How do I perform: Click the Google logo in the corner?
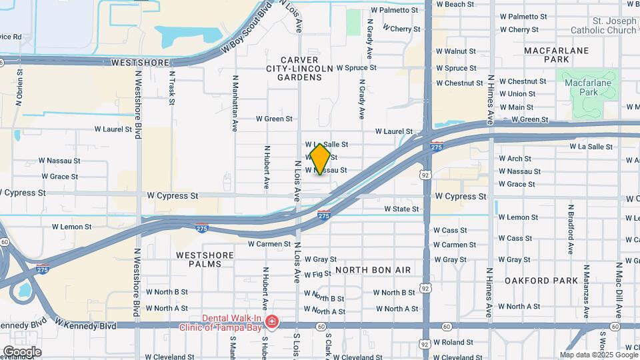point(21,351)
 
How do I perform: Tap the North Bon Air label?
point(373,269)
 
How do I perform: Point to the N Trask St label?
point(172,88)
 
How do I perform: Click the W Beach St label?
point(455,4)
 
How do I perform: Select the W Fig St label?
point(317,274)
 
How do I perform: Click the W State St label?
point(401,209)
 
